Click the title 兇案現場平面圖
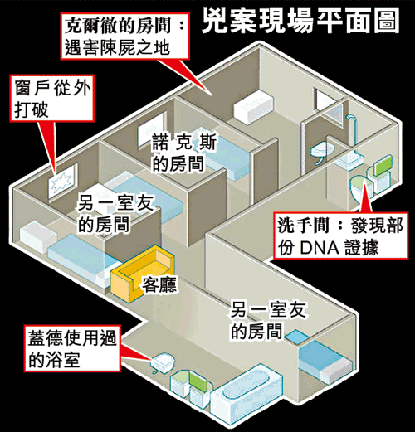tap(300, 22)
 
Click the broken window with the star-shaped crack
tap(63, 181)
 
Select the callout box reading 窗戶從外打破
tap(51, 99)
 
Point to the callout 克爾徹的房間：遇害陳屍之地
tap(124, 36)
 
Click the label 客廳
tap(159, 284)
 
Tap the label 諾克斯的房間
tap(184, 153)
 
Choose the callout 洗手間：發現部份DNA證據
tap(340, 235)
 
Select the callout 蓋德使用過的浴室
tap(72, 348)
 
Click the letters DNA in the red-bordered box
tap(320, 248)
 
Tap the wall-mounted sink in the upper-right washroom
tap(321, 152)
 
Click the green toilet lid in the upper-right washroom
tap(383, 165)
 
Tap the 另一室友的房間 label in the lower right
tap(268, 321)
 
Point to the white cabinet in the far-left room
tap(38, 237)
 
